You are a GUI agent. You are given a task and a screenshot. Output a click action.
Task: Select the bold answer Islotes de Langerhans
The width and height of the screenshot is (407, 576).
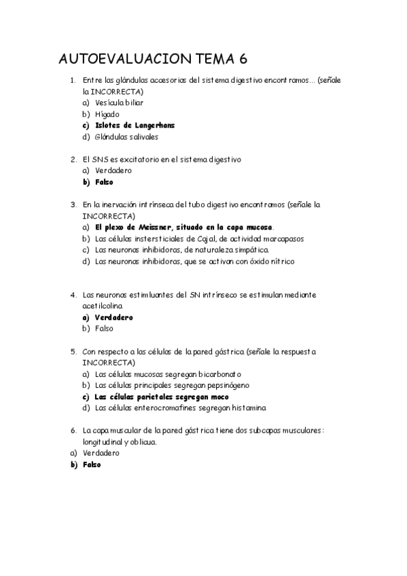pyautogui.click(x=135, y=125)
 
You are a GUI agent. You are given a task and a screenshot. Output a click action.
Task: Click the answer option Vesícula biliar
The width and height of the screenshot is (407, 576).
pyautogui.click(x=119, y=103)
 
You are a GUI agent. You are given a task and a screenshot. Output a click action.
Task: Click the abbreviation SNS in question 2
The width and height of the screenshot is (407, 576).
pyautogui.click(x=100, y=160)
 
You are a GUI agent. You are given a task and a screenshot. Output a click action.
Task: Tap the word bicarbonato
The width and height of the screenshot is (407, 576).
pyautogui.click(x=217, y=374)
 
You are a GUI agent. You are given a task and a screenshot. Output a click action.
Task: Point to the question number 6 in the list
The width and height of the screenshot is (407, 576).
pyautogui.click(x=73, y=431)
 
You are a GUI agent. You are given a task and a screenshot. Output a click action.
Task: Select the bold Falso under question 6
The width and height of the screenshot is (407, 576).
pyautogui.click(x=92, y=464)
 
